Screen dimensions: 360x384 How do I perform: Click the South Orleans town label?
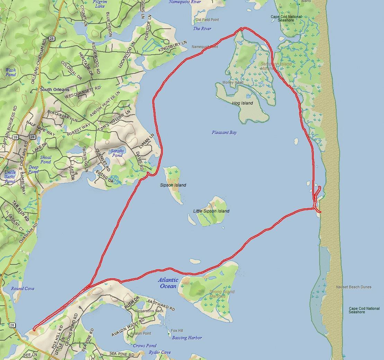[55, 89]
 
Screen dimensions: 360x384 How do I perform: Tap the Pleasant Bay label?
[224, 133]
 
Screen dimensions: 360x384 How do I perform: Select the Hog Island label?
[242, 103]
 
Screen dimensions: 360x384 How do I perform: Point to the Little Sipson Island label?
[211, 211]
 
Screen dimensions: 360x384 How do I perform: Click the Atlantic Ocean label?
[168, 283]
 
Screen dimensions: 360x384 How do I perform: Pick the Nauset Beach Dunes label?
[354, 287]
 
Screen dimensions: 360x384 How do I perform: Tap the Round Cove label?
[23, 289]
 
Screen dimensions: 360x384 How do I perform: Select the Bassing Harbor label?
[187, 338]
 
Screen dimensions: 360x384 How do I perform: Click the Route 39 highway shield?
[15, 137]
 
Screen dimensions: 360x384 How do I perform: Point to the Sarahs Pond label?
[117, 153]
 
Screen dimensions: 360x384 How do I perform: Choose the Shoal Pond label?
[46, 160]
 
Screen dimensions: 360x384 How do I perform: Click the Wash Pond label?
[11, 72]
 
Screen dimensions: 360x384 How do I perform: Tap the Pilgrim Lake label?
[100, 4]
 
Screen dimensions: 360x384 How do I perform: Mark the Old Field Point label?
[207, 20]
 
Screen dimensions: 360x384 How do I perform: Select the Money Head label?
[233, 83]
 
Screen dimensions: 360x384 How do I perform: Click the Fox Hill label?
[177, 331]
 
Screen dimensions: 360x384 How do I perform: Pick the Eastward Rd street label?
[161, 305]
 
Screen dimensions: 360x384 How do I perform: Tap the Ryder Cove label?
[160, 352]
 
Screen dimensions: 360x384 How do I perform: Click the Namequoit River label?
[185, 2]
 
